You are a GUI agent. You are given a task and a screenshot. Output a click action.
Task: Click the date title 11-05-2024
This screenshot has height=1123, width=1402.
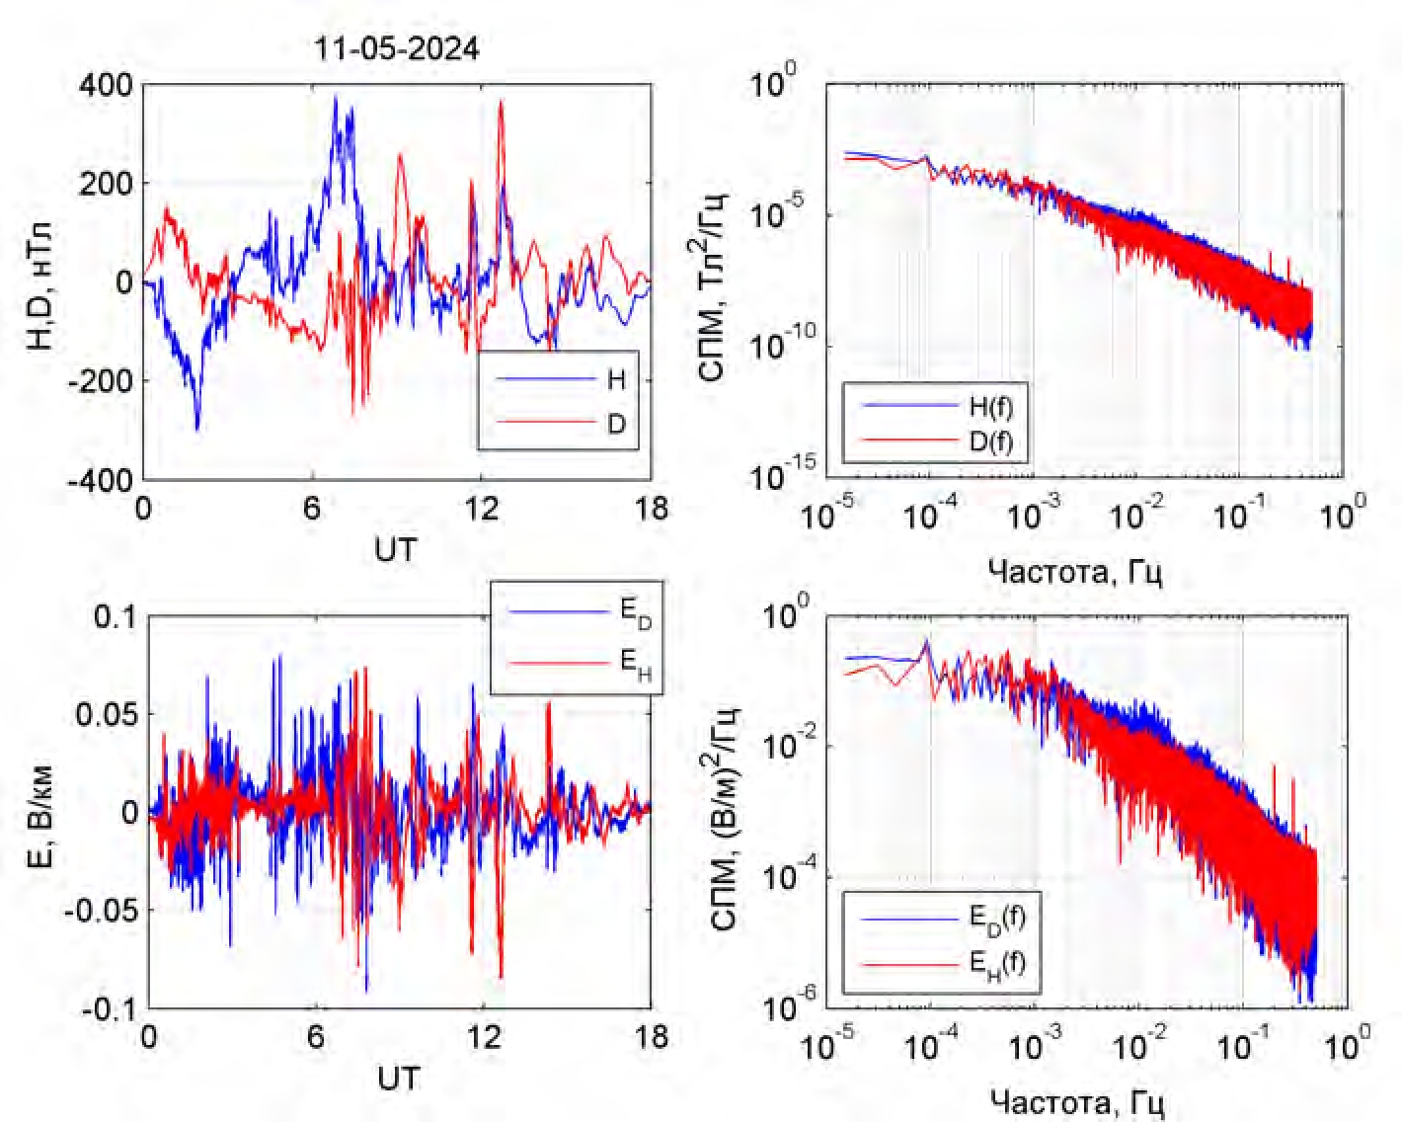click(397, 49)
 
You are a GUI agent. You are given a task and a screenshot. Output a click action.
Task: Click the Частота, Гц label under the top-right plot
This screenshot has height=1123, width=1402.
click(1074, 571)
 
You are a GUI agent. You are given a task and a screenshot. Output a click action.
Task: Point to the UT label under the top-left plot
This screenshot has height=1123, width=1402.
click(396, 549)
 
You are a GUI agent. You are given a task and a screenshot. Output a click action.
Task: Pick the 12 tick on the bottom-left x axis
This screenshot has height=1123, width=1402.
click(483, 1039)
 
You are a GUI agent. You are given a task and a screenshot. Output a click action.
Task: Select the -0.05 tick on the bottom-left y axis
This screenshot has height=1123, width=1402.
click(102, 910)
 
